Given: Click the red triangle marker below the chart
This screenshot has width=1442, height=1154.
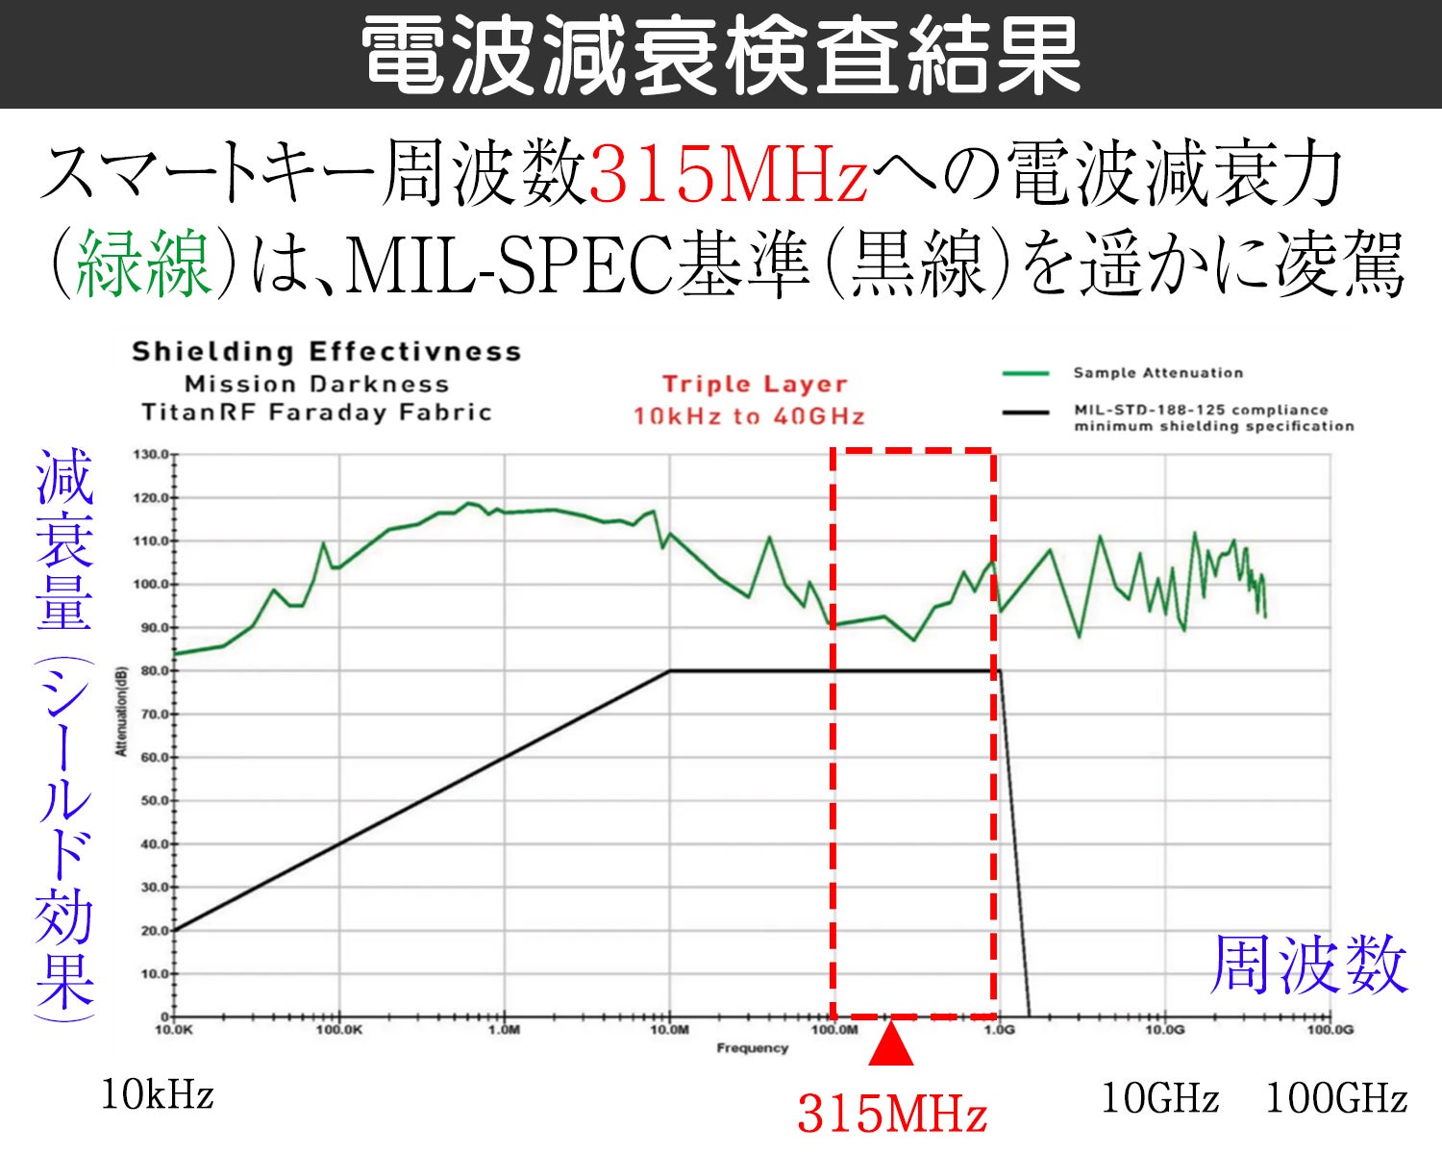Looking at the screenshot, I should coord(891,1045).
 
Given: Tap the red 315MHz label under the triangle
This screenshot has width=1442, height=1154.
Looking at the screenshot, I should coord(892,1115).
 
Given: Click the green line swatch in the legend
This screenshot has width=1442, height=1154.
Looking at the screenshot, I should coord(1025,373).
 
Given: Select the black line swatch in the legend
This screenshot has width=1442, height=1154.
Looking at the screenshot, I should coord(1025,413).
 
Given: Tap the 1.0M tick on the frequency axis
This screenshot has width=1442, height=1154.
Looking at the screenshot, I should coord(504,1030).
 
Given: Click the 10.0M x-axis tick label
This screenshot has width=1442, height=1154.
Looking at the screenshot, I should coord(669,1030).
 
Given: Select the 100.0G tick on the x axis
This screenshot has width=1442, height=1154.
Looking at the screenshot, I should coord(1330,1030).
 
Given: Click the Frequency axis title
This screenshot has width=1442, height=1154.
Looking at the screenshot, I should coord(752,1048).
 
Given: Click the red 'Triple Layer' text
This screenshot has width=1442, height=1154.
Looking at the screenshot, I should coord(755,384).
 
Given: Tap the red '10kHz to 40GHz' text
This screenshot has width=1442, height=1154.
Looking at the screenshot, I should coord(749,416).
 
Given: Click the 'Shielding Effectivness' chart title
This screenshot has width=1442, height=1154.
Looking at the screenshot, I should coord(327,352).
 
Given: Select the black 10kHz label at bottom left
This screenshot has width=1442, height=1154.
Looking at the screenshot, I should coord(158,1095).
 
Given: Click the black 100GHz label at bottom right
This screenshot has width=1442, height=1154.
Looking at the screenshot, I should coord(1336,1098).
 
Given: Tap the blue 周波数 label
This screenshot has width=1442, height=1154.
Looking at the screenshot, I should coord(1308,965).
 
